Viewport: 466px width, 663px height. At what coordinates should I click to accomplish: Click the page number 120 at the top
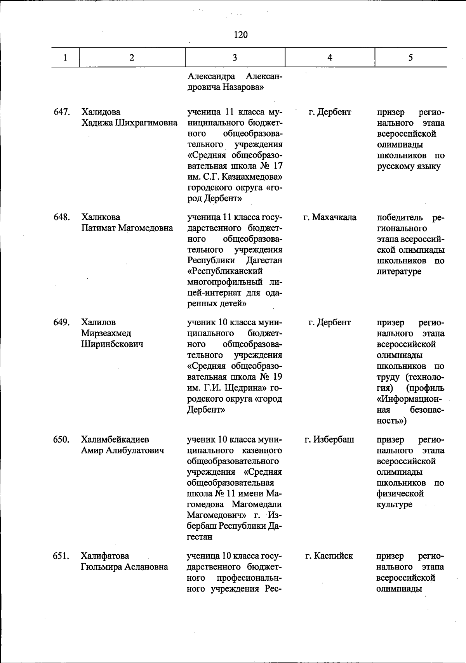[x=241, y=35]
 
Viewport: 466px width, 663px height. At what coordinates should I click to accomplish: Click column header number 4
[x=330, y=58]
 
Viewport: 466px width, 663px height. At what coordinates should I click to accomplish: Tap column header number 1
[x=65, y=58]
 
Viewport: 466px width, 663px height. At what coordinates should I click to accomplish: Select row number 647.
[x=61, y=112]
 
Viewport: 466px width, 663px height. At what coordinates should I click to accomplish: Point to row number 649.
[x=61, y=323]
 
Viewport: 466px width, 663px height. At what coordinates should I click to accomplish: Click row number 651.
[x=61, y=556]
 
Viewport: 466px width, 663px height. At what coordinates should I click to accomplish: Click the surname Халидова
[x=101, y=112]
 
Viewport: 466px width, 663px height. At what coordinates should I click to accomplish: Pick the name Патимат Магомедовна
[x=127, y=228]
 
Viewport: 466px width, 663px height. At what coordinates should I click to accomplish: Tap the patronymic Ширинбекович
[x=112, y=344]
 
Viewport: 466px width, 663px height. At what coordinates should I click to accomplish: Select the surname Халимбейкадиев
[x=115, y=439]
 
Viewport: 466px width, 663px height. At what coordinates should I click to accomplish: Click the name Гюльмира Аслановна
[x=124, y=567]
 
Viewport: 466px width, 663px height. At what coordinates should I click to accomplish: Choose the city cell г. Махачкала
[x=330, y=217]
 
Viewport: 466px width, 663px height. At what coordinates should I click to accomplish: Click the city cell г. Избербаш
[x=330, y=439]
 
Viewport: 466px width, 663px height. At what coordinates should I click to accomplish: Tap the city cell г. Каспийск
[x=329, y=556]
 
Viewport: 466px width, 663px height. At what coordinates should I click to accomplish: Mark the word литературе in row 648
[x=399, y=271]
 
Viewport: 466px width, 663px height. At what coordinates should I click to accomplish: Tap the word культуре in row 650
[x=395, y=505]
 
